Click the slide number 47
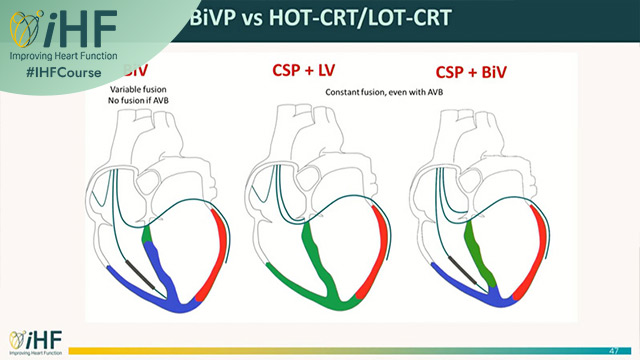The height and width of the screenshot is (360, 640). [x=611, y=342]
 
